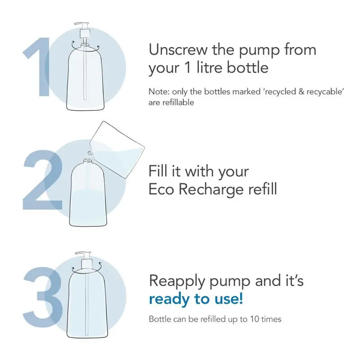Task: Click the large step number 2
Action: [x=43, y=180]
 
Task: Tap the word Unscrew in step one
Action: [x=178, y=49]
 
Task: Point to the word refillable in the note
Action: [x=178, y=103]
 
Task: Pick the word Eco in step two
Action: [x=161, y=189]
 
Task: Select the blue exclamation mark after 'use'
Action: [x=241, y=298]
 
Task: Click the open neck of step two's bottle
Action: [x=87, y=161]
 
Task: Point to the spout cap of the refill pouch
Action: [x=89, y=153]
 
